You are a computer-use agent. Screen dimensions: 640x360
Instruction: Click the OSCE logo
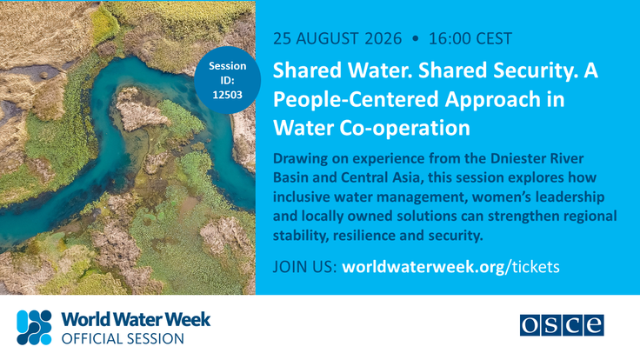pos(562,325)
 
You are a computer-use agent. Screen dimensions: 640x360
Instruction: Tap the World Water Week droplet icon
pos(34,327)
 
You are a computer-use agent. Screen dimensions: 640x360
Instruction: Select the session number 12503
pos(227,95)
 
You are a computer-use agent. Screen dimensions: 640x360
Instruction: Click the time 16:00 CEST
pos(470,39)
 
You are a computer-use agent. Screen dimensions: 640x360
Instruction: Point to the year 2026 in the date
pos(383,39)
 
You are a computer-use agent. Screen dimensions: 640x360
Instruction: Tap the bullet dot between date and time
pos(416,39)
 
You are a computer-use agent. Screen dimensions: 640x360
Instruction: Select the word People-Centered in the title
pos(356,100)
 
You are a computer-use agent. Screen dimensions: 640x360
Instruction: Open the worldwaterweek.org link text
pos(423,267)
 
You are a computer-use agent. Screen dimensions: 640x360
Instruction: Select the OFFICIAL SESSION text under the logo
pos(123,339)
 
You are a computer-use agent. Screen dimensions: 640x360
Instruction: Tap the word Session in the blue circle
pos(227,66)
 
